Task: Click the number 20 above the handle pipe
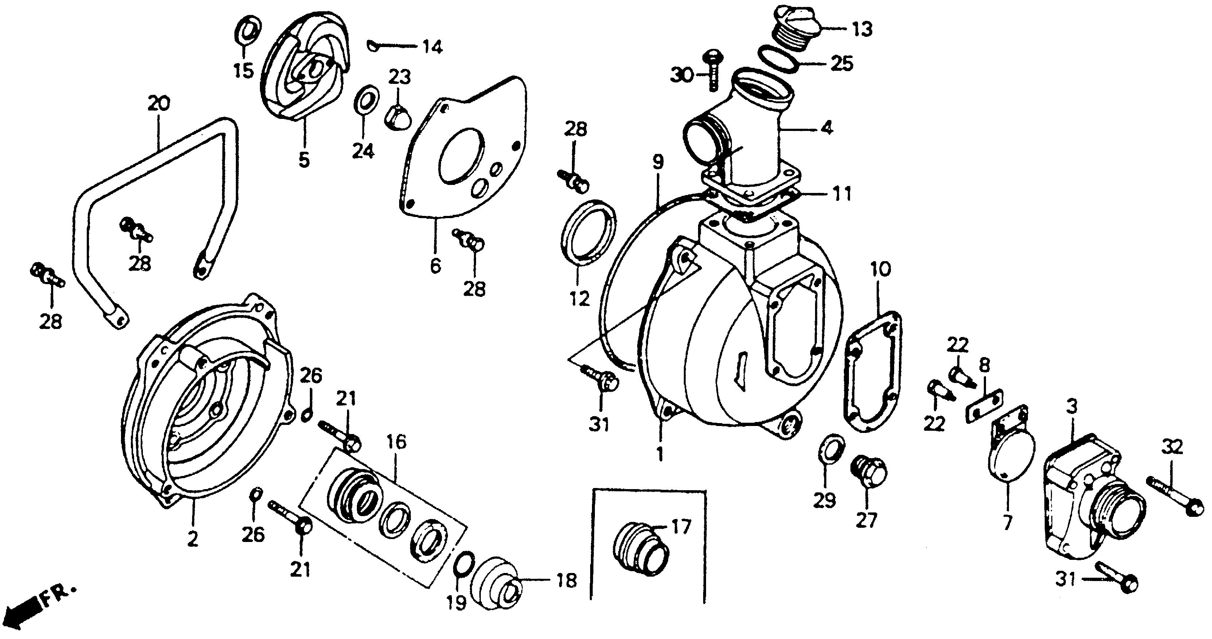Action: (159, 104)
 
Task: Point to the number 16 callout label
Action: (397, 443)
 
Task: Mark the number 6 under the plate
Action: (436, 266)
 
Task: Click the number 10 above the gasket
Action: (880, 270)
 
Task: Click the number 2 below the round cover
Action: (192, 540)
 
